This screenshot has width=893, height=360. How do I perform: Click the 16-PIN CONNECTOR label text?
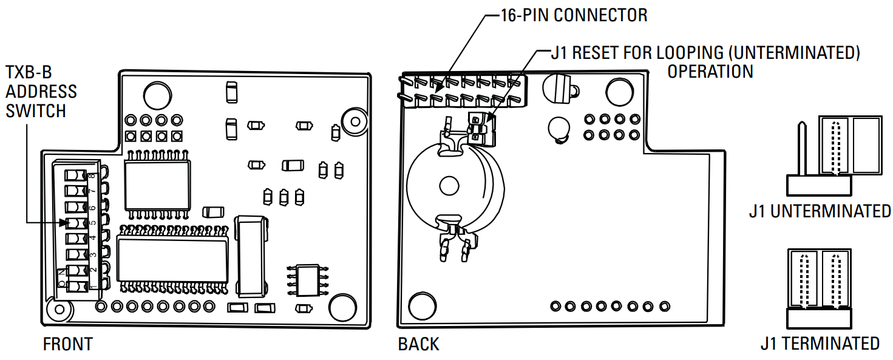click(x=574, y=15)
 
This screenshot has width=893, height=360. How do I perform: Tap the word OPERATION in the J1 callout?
click(x=710, y=71)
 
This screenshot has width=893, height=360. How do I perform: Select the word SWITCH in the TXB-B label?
click(x=35, y=110)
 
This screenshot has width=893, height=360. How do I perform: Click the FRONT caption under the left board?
click(x=67, y=344)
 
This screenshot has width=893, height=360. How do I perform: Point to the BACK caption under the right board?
click(x=418, y=344)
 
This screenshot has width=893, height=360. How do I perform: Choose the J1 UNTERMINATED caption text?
click(x=820, y=211)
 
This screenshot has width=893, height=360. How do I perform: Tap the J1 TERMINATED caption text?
click(x=820, y=343)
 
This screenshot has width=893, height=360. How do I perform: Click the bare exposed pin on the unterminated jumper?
click(x=801, y=148)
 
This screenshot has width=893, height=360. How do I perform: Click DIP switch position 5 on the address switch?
click(x=76, y=223)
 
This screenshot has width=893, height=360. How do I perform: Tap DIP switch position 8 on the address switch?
click(x=76, y=175)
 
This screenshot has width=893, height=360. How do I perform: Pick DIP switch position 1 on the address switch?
click(x=76, y=286)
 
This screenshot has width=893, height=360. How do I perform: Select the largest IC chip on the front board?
click(x=172, y=258)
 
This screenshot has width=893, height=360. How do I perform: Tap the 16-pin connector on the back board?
click(x=462, y=90)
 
